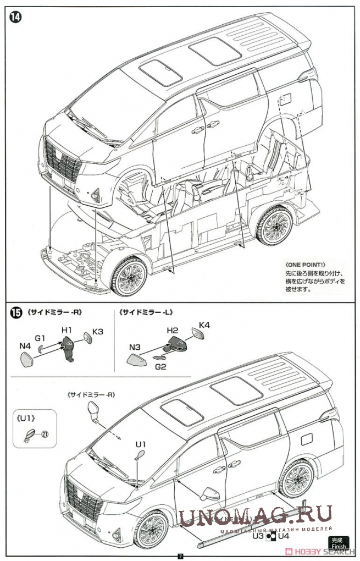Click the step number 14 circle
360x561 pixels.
pos(15,17)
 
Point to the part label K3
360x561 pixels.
pos(98,332)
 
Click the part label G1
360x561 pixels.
pos(40,338)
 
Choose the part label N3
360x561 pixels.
pos(135,347)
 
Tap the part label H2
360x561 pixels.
pos(173,330)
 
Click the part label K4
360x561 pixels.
pos(204,325)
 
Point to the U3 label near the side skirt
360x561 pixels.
pos(258,535)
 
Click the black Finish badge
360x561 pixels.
pos(339,543)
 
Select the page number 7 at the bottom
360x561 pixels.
pos(180,555)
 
